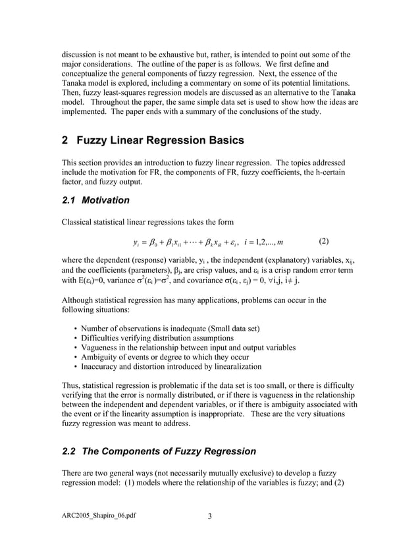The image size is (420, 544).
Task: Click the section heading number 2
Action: click(x=65, y=140)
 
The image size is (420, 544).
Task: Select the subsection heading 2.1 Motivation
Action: click(x=95, y=200)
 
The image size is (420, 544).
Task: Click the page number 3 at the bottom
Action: click(x=209, y=515)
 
